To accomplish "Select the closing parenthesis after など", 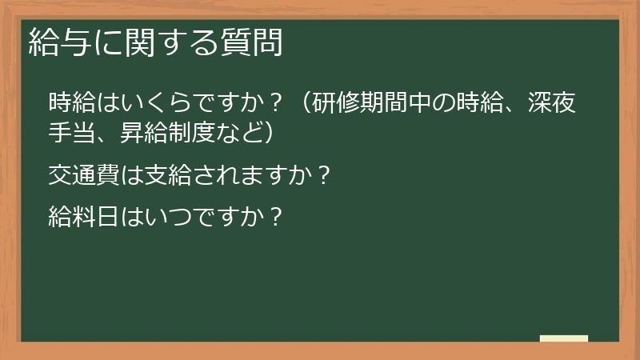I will pos(272,132).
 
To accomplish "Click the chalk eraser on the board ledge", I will pos(563,339).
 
